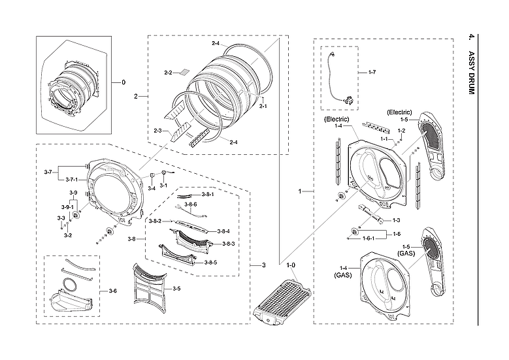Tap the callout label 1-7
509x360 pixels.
(372, 71)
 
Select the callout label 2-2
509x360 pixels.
(167, 72)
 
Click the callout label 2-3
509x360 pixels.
(157, 131)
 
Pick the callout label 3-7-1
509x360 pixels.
(70, 178)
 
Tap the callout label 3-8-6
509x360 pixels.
(191, 205)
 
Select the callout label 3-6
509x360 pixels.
(112, 290)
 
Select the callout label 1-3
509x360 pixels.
(396, 220)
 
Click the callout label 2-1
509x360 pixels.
(262, 105)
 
